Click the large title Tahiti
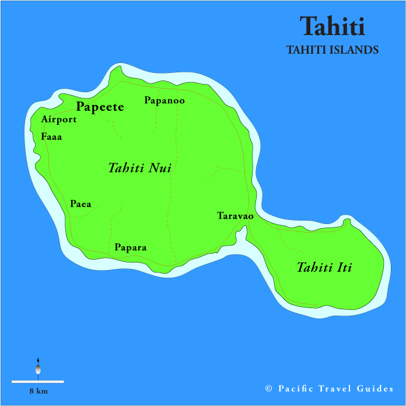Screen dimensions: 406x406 point(332,26)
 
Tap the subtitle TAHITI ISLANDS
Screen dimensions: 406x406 point(332,50)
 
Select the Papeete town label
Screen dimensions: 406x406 point(100,107)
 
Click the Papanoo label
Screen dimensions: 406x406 point(164,100)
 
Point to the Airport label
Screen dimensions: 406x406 point(59,120)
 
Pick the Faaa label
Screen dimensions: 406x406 point(51,137)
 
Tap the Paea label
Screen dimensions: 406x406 point(80,204)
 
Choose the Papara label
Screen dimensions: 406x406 point(130,247)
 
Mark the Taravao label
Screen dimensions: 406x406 point(235,216)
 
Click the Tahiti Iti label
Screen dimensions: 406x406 point(324,268)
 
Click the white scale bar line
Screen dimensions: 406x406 point(37,381)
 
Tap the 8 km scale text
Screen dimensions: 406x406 point(38,391)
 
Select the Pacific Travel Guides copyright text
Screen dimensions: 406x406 point(329,388)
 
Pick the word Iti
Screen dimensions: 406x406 point(344,268)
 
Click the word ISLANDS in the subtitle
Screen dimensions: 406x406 point(355,50)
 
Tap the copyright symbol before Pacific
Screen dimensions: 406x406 point(269,389)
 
